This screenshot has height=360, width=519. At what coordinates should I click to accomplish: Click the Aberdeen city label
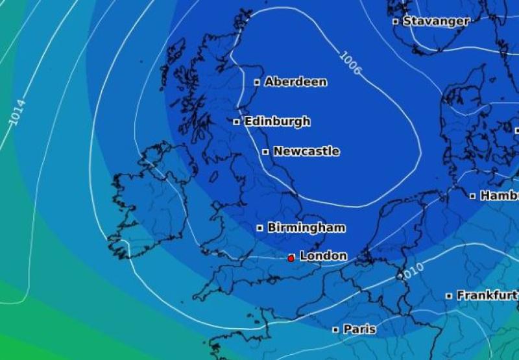(296, 82)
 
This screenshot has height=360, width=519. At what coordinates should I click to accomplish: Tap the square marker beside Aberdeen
(257, 82)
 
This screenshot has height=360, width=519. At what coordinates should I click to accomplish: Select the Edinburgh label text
(277, 121)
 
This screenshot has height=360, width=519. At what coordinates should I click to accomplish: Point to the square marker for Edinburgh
(237, 121)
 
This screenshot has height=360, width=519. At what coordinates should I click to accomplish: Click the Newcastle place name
(306, 152)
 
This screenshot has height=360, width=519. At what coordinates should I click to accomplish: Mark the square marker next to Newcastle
(265, 152)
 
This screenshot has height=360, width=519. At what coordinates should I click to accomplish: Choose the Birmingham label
(306, 228)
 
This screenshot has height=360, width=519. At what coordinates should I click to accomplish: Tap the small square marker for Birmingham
(259, 228)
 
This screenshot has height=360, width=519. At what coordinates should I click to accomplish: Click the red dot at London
(291, 258)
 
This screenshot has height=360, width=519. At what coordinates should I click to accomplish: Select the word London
(323, 256)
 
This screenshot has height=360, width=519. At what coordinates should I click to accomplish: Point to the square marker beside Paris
(335, 330)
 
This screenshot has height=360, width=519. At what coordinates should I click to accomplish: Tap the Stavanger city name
(436, 21)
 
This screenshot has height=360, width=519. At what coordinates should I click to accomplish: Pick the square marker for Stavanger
(395, 21)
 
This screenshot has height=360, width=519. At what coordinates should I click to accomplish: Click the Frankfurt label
(487, 296)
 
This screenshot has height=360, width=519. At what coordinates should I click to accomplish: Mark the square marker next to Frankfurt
(449, 296)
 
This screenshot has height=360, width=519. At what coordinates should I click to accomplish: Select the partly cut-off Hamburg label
(499, 195)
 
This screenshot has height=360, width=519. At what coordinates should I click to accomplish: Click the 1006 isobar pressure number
(350, 63)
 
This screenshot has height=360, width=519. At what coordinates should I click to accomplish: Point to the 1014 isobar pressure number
(18, 112)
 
